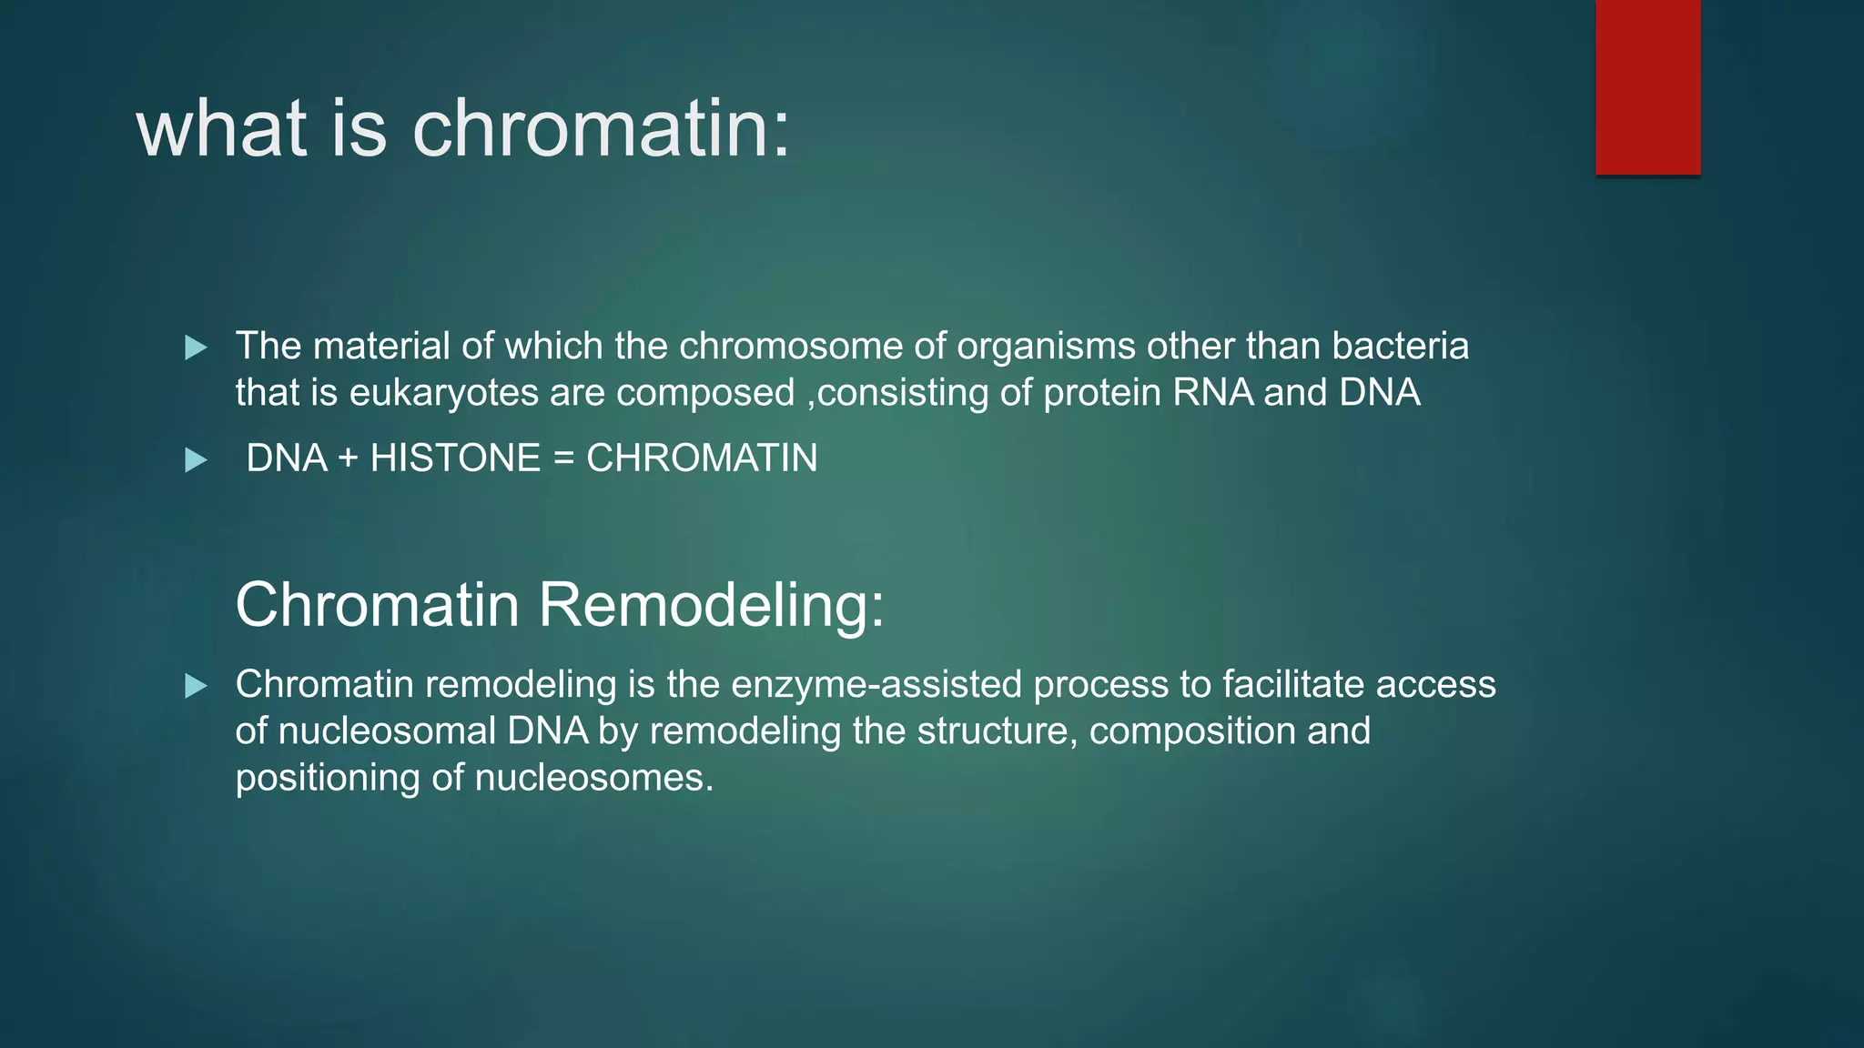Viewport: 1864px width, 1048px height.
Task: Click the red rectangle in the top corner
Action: click(1647, 87)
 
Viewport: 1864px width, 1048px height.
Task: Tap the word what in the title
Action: click(222, 129)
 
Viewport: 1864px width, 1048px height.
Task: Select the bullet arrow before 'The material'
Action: click(196, 348)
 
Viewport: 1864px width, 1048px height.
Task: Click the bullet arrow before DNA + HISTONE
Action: click(196, 460)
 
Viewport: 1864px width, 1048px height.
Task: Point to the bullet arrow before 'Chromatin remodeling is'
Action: click(196, 686)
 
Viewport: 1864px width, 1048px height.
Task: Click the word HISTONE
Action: click(455, 458)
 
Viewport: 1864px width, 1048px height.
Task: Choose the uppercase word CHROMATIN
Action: click(702, 458)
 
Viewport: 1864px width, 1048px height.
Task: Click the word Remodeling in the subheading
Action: click(710, 605)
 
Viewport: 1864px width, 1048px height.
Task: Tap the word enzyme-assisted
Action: click(876, 685)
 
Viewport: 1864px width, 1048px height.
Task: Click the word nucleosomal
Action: click(387, 731)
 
